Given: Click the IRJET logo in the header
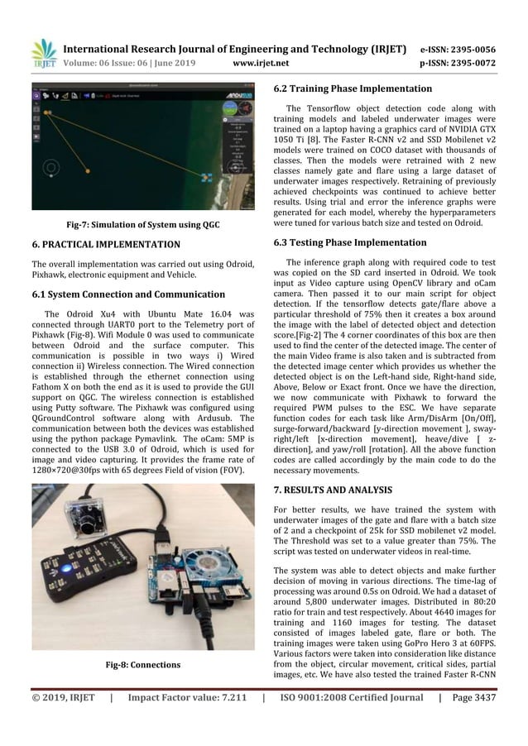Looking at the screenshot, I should (x=44, y=55).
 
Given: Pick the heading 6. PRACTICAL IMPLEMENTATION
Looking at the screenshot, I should (x=106, y=245).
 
